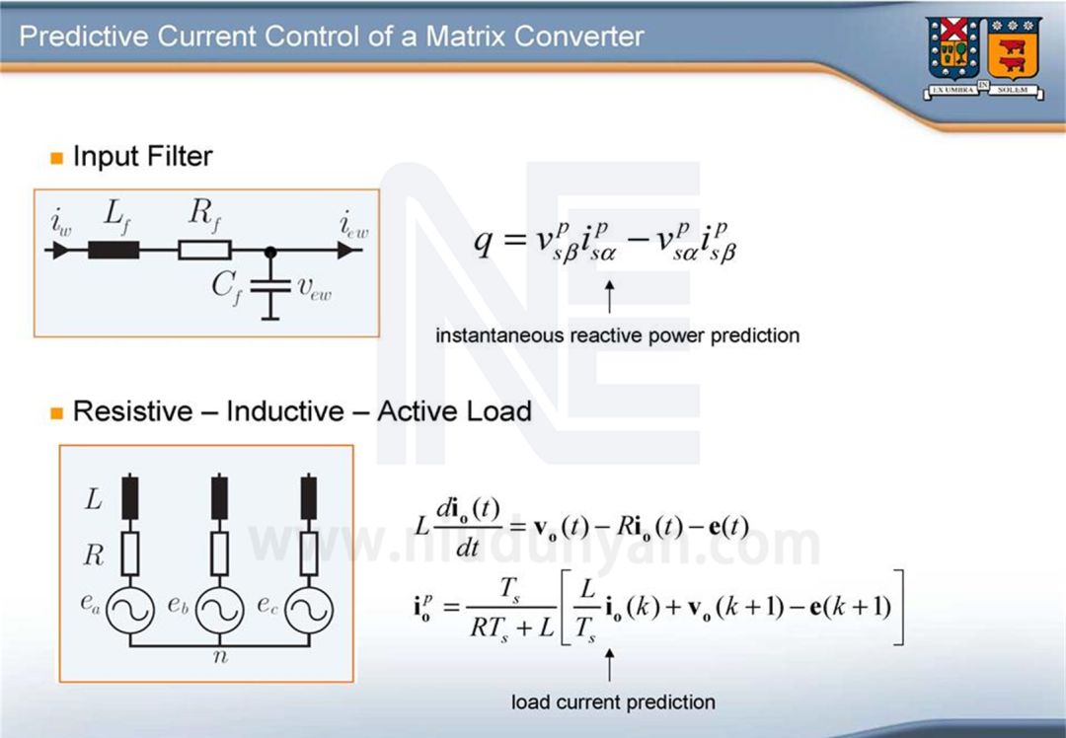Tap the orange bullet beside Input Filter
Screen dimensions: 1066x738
tap(56, 158)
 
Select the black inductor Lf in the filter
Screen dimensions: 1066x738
tap(113, 250)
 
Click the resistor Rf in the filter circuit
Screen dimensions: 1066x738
tap(204, 250)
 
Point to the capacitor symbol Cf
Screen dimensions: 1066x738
tap(269, 286)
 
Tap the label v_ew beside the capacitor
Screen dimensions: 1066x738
tap(315, 287)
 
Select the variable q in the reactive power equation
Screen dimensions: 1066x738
tap(483, 243)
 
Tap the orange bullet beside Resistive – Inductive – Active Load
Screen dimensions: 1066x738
tap(56, 412)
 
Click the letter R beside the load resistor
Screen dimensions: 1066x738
tap(94, 555)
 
